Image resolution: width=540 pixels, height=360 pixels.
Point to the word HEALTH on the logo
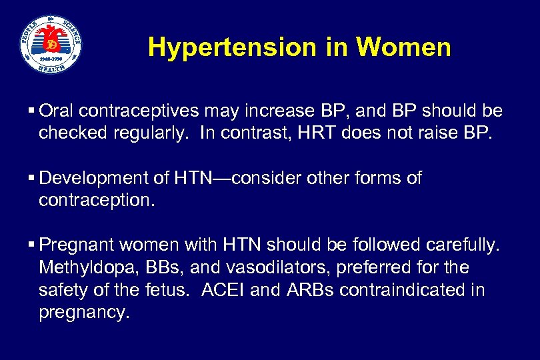pyautogui.click(x=51, y=68)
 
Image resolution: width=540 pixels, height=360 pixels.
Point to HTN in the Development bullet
pyautogui.click(x=189, y=179)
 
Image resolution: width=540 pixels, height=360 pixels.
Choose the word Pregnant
pyautogui.click(x=75, y=246)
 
